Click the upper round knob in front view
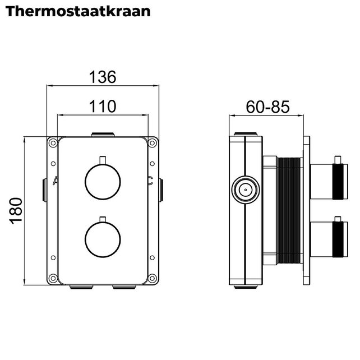(x=102, y=181)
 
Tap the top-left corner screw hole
(x=52, y=143)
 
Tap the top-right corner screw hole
(x=153, y=143)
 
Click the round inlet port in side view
(x=244, y=190)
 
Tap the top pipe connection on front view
(x=102, y=135)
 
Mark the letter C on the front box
(x=149, y=181)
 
